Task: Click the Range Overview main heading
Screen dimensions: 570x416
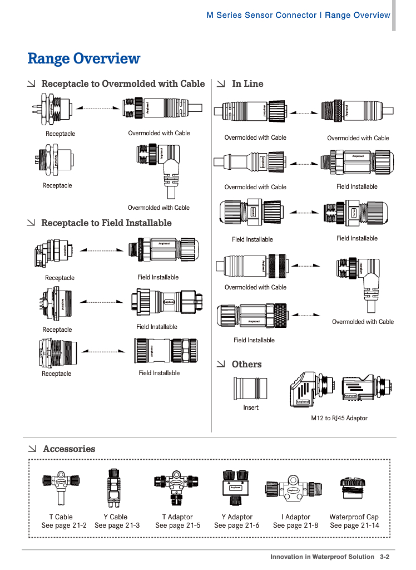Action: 84,58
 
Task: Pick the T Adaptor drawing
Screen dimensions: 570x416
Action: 177,484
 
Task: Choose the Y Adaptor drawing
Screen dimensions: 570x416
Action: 236,484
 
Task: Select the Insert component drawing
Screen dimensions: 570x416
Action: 250,387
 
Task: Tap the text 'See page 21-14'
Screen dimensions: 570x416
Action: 354,525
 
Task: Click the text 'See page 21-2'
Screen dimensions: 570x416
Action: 64,525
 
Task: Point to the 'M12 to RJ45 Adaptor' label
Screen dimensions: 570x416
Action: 339,418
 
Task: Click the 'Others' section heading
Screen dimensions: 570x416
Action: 246,364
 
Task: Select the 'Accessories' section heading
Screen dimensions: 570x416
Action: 69,449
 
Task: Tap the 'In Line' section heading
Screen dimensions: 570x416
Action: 247,83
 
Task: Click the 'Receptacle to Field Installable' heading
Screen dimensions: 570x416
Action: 106,223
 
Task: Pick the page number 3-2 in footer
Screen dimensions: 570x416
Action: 384,557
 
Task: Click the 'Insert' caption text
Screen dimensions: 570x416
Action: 251,407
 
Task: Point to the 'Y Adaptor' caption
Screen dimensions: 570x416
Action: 237,517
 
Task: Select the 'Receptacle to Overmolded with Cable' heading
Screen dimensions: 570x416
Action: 123,83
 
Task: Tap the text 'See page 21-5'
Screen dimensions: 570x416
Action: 178,525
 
